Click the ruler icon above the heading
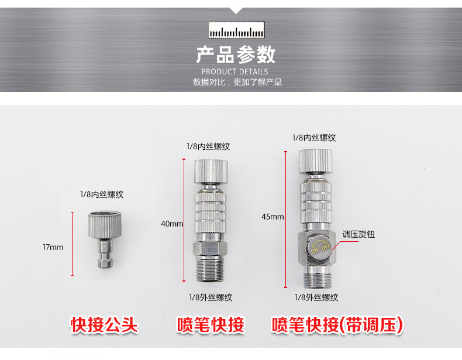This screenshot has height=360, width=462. tap(236, 30)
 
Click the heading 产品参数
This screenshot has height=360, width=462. tap(236, 55)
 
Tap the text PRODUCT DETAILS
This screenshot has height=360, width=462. tap(235, 71)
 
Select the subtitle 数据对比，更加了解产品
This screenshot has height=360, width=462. tap(237, 82)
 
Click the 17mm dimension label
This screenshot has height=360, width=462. tap(53, 247)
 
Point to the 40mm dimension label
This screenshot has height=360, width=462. tap(172, 224)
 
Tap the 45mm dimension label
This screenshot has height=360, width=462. tap(273, 217)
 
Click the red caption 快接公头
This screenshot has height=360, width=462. tap(104, 325)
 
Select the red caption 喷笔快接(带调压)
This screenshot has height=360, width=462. tap(337, 325)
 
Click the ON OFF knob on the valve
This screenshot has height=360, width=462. tap(320, 246)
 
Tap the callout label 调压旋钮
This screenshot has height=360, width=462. tap(358, 234)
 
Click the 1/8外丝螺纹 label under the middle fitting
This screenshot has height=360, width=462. tap(211, 297)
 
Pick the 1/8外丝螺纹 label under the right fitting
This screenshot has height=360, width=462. tap(316, 297)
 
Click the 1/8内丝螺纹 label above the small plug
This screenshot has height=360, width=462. tap(102, 194)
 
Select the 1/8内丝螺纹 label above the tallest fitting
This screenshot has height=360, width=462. tap(314, 138)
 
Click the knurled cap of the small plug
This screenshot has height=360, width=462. tap(105, 225)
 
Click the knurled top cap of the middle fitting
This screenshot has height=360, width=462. tap(211, 173)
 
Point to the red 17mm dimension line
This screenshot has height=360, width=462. tap(72, 244)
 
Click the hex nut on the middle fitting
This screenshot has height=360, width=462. tap(211, 249)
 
